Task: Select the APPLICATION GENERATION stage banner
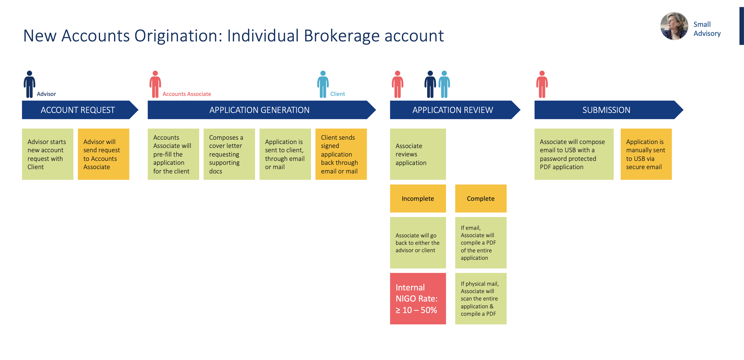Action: coord(259,110)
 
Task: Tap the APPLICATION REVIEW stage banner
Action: coord(452,110)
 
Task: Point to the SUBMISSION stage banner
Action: coord(606,110)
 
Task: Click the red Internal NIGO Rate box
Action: coord(418,298)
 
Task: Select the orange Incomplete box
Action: coord(418,198)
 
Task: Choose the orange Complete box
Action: coord(481,198)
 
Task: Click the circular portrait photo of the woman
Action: coord(674,26)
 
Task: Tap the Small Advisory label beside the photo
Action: coord(707,29)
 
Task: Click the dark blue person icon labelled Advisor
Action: coord(29,84)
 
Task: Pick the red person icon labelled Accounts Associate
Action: coord(155,84)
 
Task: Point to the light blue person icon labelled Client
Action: coord(323,84)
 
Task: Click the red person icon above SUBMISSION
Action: coord(542,84)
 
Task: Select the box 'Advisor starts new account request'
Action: coord(48,154)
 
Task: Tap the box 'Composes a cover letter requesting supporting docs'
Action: coord(229,154)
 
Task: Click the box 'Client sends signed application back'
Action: coord(341,154)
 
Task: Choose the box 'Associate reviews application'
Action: coord(418,154)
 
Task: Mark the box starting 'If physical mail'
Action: coord(481,298)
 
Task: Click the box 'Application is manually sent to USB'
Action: coord(646,154)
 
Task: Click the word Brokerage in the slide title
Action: coord(342,36)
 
